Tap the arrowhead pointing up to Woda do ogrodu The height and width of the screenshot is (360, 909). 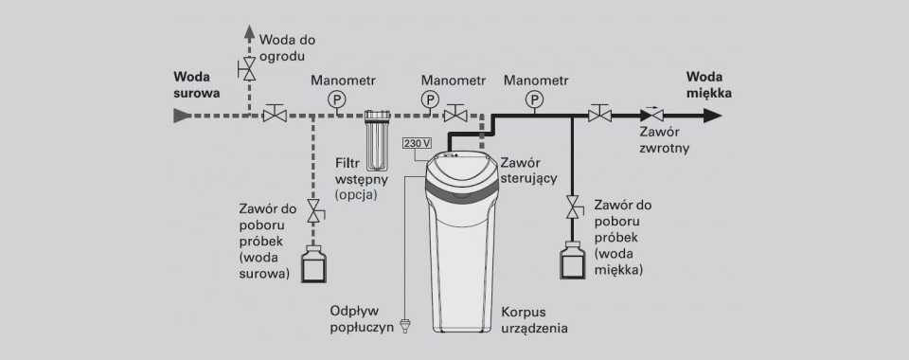(x=249, y=31)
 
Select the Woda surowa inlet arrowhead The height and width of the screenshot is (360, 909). (x=182, y=116)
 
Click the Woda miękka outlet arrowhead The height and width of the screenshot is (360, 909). (x=712, y=116)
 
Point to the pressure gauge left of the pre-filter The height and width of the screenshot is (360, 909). (x=335, y=99)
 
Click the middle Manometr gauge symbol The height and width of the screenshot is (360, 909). (x=430, y=99)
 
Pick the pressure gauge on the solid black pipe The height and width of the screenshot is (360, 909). (x=534, y=99)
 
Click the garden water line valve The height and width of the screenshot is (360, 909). (x=248, y=69)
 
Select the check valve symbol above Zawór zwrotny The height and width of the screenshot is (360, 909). (x=651, y=115)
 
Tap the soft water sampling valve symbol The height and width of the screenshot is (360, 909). (x=574, y=207)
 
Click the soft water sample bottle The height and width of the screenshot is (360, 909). (x=572, y=261)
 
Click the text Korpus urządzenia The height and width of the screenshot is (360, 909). (x=534, y=320)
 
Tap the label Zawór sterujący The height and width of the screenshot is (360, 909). (x=528, y=171)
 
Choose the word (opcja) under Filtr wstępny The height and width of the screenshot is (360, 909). (x=356, y=195)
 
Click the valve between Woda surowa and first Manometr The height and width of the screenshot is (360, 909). (x=275, y=114)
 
